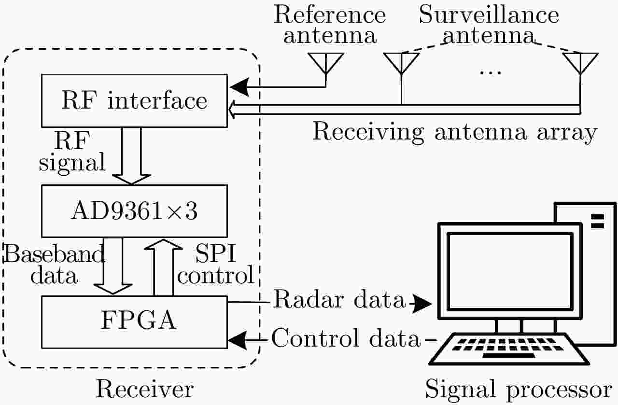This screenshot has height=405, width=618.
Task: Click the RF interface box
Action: pyautogui.click(x=134, y=100)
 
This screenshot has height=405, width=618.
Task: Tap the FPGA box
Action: pyautogui.click(x=134, y=321)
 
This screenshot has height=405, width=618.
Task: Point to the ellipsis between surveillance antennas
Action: pyautogui.click(x=491, y=72)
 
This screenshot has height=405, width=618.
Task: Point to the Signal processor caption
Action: pyautogui.click(x=519, y=389)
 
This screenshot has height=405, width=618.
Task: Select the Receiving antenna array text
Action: pyautogui.click(x=454, y=131)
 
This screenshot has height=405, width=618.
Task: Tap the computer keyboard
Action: pyautogui.click(x=510, y=349)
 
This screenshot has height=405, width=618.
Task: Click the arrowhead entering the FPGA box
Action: pyautogui.click(x=236, y=340)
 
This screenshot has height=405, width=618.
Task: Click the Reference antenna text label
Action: pyautogui.click(x=330, y=25)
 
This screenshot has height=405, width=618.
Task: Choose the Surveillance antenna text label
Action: pyautogui.click(x=489, y=25)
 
